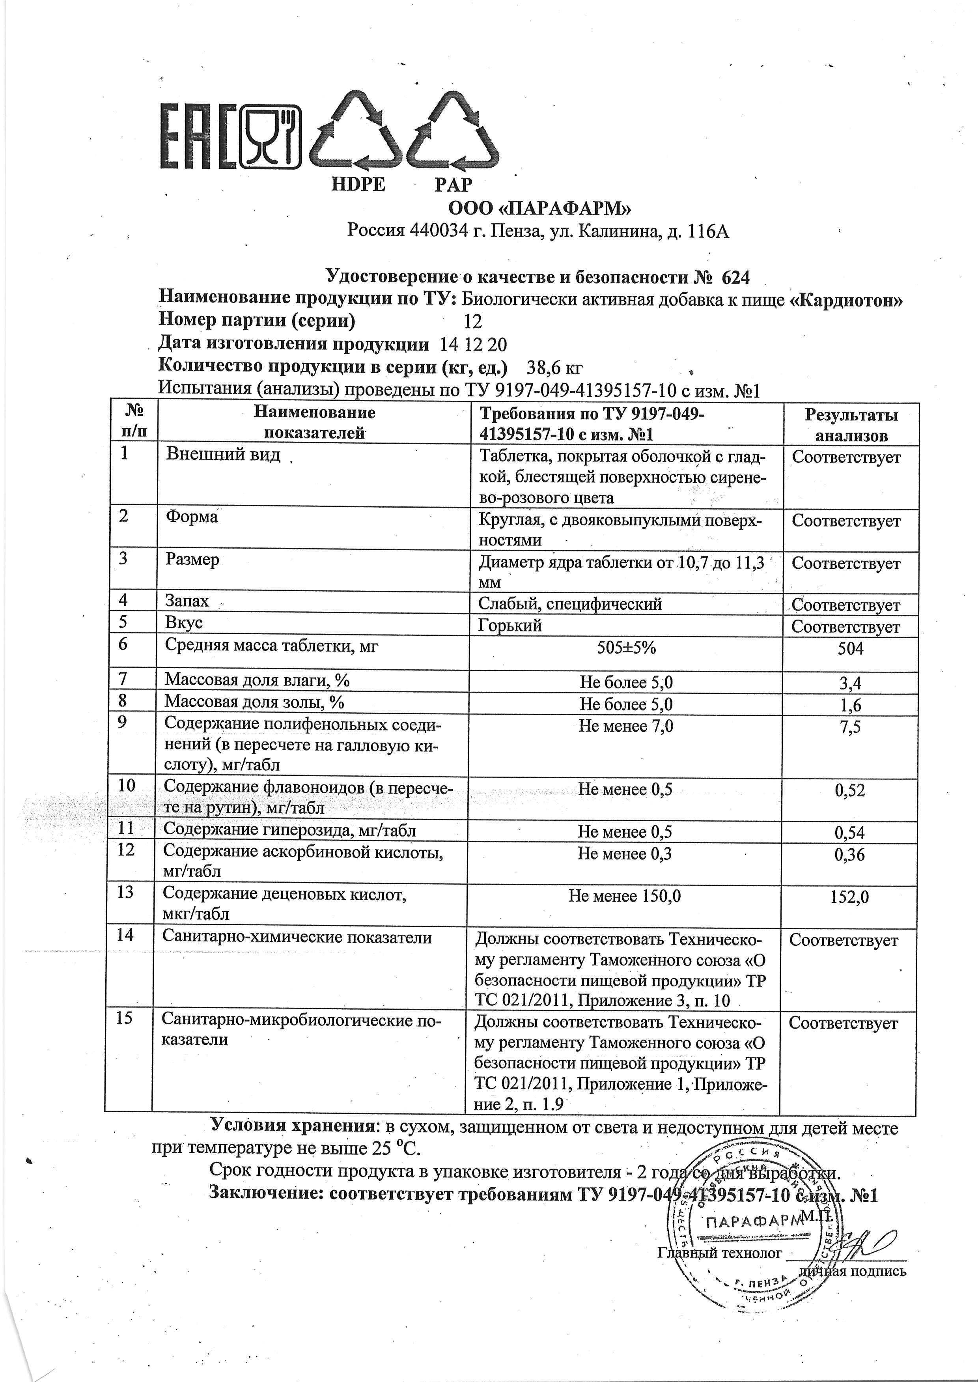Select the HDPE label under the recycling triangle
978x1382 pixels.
tap(358, 184)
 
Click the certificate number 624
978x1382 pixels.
tap(735, 277)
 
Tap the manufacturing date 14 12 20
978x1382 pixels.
tap(473, 344)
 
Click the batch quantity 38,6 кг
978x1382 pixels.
tap(554, 367)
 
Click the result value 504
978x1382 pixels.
tap(850, 648)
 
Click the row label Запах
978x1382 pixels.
tap(187, 600)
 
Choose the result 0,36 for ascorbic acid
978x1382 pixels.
tap(849, 855)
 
